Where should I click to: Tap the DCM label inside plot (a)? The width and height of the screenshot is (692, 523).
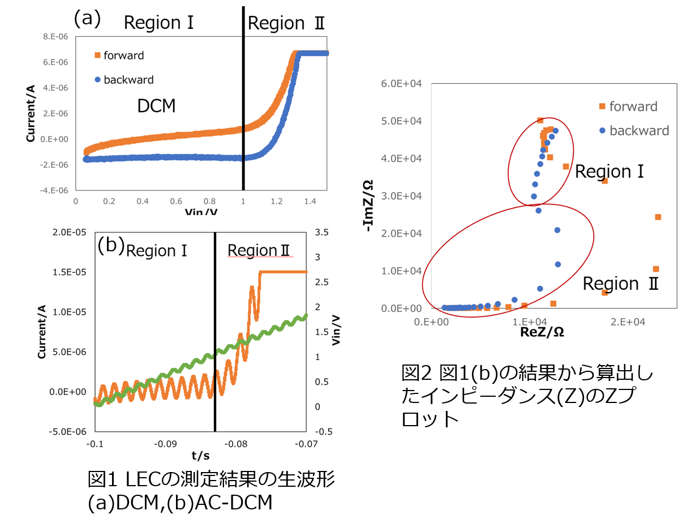[156, 105]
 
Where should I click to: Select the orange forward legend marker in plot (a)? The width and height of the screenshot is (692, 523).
[97, 55]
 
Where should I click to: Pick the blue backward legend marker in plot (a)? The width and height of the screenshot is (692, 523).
[97, 80]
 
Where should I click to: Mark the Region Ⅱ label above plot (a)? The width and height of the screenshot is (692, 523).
[286, 23]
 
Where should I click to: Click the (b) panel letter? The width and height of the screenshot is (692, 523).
[110, 246]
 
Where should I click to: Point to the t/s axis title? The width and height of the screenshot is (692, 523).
[200, 456]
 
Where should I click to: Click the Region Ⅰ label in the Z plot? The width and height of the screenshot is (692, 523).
[609, 172]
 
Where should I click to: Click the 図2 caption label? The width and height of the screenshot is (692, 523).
[416, 372]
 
